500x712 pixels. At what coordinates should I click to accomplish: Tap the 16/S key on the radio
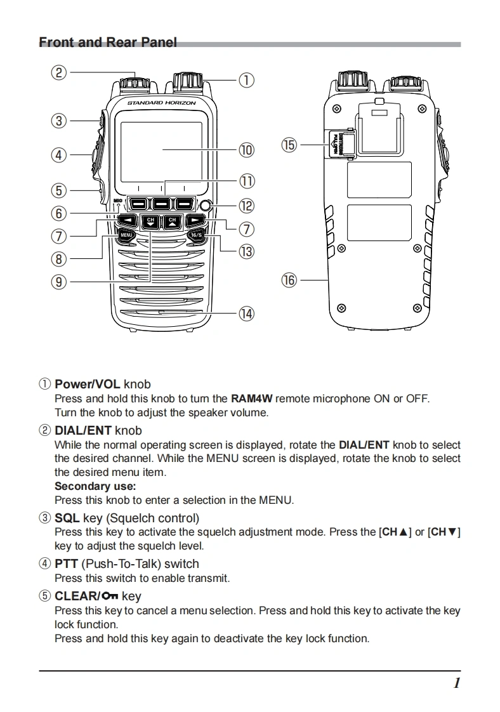coord(196,235)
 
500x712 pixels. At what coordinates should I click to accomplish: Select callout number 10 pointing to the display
coord(246,150)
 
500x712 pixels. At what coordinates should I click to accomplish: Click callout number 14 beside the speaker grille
coord(246,313)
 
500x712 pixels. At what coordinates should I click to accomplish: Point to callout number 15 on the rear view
coord(289,145)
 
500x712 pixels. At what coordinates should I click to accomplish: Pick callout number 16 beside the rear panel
coord(289,279)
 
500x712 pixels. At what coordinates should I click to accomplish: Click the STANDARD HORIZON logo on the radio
coord(161,103)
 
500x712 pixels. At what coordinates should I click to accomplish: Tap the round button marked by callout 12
coord(205,205)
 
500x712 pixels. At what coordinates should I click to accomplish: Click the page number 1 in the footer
coord(456,683)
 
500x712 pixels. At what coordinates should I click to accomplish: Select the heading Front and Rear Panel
coord(108,43)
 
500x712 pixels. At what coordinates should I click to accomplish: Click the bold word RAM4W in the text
coord(251,399)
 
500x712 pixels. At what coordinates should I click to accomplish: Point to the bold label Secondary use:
coord(95,486)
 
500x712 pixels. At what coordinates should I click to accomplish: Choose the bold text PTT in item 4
coord(67,564)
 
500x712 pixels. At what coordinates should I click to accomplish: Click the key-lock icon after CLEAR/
coord(110,596)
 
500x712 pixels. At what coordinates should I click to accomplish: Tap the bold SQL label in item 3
coord(67,518)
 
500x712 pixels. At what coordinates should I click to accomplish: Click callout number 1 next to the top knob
coord(246,81)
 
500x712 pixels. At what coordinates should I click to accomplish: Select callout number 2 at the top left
coord(59,72)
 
